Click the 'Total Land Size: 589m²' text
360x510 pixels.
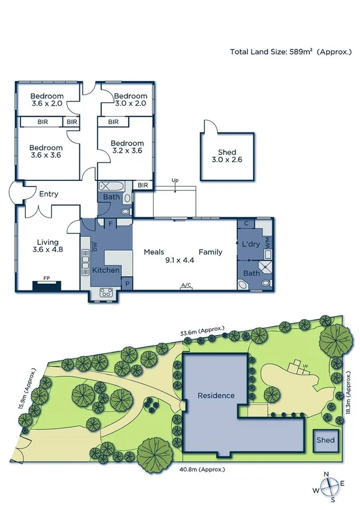[x=291, y=52]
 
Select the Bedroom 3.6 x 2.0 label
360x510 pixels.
[x=47, y=100]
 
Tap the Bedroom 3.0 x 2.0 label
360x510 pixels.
[x=130, y=100]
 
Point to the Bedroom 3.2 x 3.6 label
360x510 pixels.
[x=127, y=147]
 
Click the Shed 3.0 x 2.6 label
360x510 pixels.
[x=224, y=156]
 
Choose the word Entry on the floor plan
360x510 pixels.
[x=49, y=194]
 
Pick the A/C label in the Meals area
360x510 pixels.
[x=186, y=284]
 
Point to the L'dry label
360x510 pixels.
[x=249, y=244]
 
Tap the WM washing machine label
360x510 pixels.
[x=268, y=241]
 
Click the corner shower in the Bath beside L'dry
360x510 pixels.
[x=265, y=268]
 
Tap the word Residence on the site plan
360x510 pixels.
[x=216, y=396]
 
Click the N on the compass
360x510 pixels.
[x=326, y=475]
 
